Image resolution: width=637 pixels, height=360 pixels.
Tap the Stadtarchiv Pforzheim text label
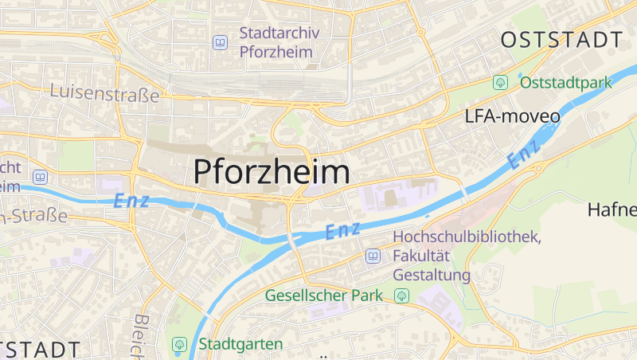tap(276, 43)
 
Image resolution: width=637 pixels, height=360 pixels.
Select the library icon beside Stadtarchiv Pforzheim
tap(220, 43)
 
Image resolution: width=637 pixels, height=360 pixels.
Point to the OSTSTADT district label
tap(561, 40)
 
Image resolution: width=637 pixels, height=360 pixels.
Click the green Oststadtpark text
tap(565, 82)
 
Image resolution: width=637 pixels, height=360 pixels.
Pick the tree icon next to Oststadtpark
tap(500, 82)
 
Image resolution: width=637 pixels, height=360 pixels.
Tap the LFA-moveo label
tap(512, 116)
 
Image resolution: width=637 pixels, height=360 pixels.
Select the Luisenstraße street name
tap(104, 93)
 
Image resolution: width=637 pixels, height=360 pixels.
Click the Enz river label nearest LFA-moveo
tap(525, 153)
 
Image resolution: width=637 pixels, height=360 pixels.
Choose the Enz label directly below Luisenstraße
tap(131, 201)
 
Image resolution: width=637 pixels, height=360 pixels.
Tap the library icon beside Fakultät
tap(372, 256)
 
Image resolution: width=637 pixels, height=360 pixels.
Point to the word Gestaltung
tap(432, 276)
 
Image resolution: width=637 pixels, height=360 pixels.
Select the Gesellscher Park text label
tap(328, 295)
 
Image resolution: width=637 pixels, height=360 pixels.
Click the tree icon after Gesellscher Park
tap(402, 296)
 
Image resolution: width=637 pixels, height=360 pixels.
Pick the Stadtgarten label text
tap(240, 344)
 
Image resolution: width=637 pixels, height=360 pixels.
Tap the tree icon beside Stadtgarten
tap(179, 344)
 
